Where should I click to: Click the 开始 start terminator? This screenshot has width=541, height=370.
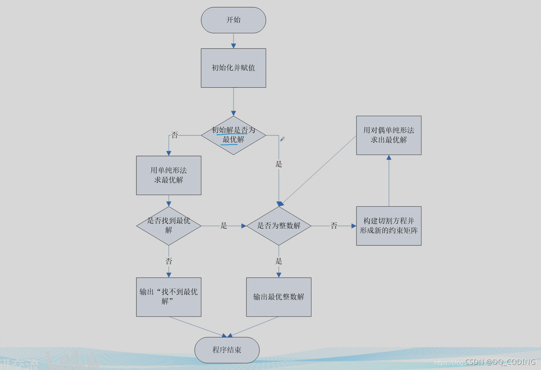click(x=233, y=20)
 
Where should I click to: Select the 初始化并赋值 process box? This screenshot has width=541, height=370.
click(x=233, y=68)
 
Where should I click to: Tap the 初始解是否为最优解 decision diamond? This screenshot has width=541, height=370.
click(x=233, y=135)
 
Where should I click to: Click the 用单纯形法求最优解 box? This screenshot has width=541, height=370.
click(x=169, y=175)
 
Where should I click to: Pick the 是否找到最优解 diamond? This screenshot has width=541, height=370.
click(x=169, y=226)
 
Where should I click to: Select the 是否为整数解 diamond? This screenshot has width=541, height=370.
click(x=279, y=226)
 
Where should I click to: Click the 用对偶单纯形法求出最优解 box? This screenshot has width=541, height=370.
click(x=389, y=135)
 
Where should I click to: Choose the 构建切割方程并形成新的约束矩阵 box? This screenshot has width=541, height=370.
click(x=389, y=226)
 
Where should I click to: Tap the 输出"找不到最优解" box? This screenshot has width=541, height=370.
click(x=169, y=297)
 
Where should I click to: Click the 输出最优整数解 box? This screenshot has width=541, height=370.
click(x=279, y=297)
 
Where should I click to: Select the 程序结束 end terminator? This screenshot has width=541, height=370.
click(x=227, y=350)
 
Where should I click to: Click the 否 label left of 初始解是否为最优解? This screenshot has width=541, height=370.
click(x=175, y=135)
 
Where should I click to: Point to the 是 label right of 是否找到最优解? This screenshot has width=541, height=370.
click(x=224, y=226)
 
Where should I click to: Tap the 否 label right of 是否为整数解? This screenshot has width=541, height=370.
click(x=334, y=226)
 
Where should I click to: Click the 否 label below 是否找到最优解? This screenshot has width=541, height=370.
click(x=169, y=261)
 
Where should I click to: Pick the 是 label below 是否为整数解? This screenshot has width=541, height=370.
click(x=279, y=261)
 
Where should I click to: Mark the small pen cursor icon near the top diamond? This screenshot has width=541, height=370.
click(x=282, y=139)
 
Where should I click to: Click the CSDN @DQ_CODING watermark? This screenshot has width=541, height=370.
click(x=500, y=362)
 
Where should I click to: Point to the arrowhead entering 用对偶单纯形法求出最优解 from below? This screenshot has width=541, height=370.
click(x=389, y=158)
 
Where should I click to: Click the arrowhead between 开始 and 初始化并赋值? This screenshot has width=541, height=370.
click(x=233, y=46)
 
